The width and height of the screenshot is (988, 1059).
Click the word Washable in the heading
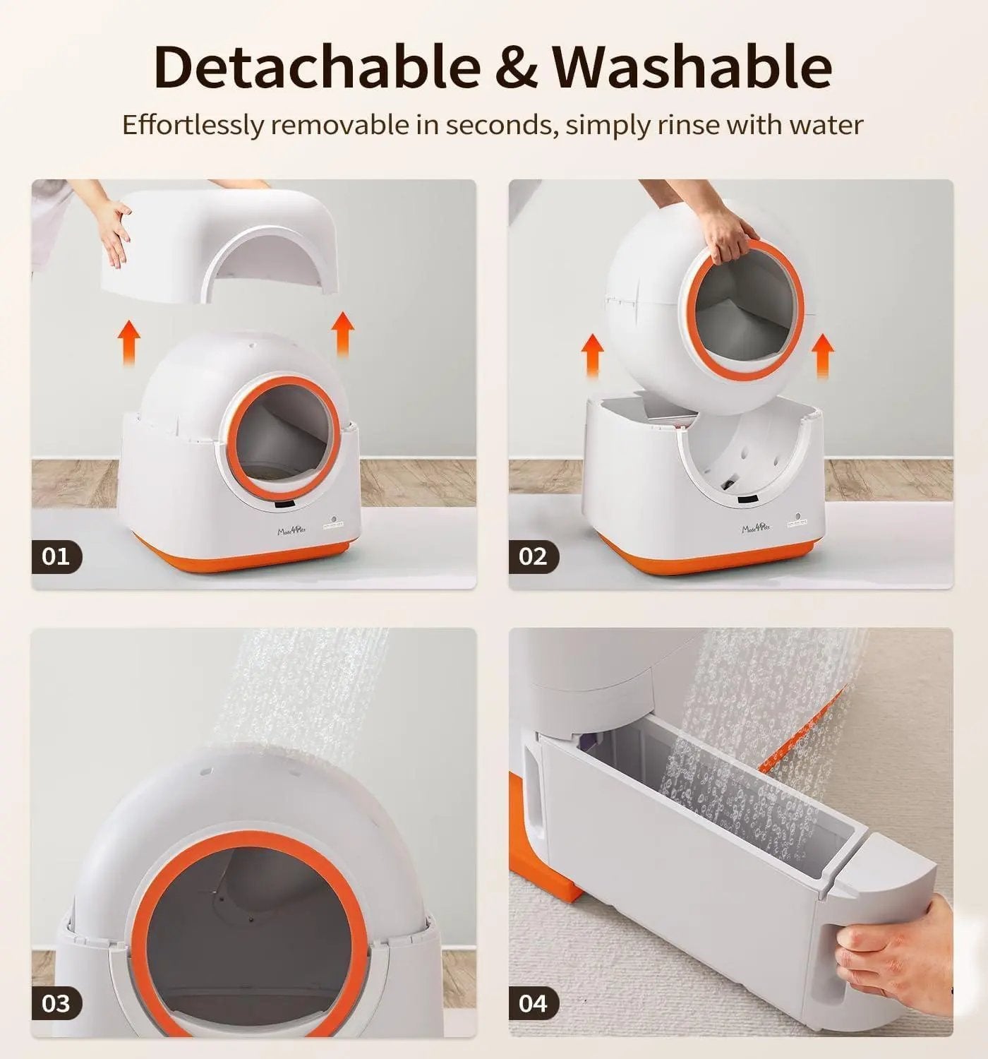[692, 67]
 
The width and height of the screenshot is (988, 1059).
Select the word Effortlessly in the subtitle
[193, 125]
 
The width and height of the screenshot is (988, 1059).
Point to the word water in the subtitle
[826, 125]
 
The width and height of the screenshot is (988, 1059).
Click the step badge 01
[56, 556]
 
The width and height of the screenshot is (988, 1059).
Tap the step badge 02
[534, 556]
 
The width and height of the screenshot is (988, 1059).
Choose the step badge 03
[56, 1003]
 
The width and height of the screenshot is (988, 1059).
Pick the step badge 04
[534, 1003]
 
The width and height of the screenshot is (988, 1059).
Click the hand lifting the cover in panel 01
[113, 229]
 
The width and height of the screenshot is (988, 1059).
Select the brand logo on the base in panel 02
[757, 526]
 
